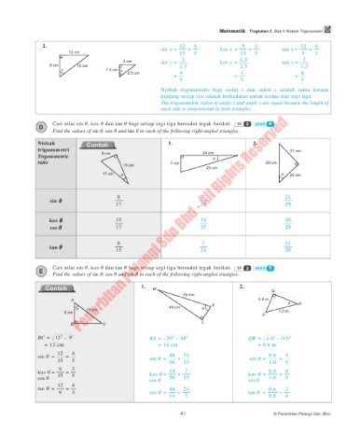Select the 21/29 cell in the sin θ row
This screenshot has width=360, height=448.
(x=286, y=200)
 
